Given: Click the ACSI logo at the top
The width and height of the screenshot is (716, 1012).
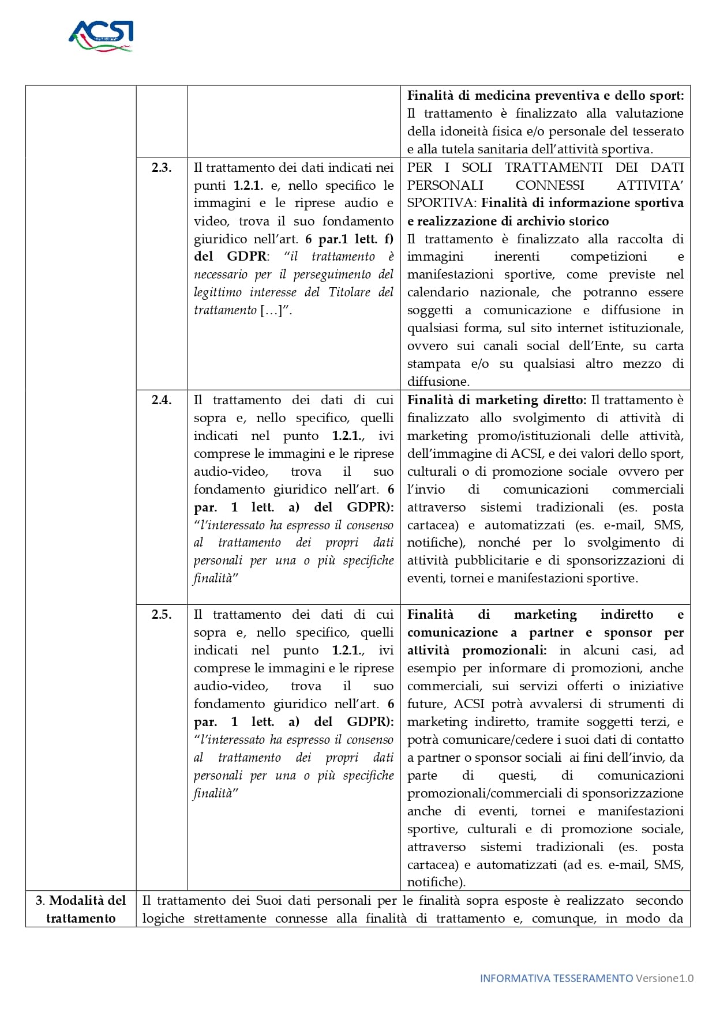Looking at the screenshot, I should pos(101,36).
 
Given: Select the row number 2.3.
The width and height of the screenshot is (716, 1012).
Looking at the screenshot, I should pos(162,168).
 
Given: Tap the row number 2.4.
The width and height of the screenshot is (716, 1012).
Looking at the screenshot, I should pos(162,400).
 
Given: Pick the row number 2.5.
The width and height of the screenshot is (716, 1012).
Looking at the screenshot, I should pos(162,615).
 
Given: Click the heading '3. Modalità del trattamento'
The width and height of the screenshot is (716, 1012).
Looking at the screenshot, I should pos(81,909).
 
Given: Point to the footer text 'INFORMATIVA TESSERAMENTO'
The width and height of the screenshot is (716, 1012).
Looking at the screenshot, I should pos(556,978).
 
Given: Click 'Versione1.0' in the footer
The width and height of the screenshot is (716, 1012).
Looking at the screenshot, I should pos(665,978).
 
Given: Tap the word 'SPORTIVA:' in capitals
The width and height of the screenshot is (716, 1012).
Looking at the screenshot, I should pos(442,203).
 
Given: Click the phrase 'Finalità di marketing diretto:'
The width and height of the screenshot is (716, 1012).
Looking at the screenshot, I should pos(497,400).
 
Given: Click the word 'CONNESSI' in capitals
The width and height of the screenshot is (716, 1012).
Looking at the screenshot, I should pos(549,185).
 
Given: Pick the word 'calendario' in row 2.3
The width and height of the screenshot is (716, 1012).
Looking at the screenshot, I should pos(437,292).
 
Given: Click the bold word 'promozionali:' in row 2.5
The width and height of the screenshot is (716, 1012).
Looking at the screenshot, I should pos(504,650).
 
